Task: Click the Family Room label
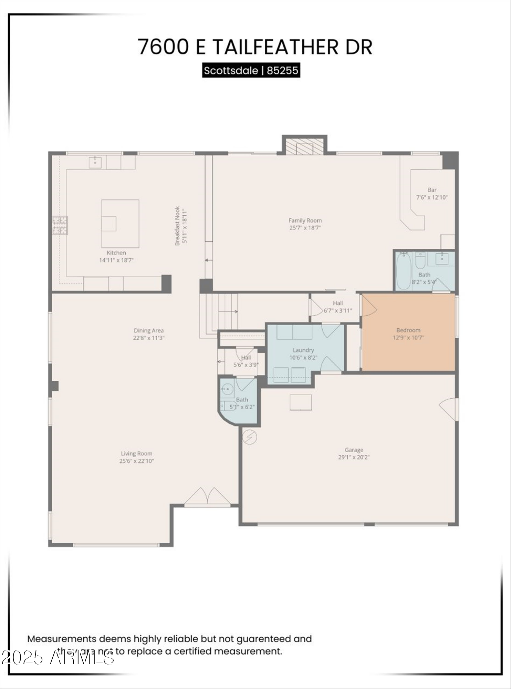[x=305, y=220]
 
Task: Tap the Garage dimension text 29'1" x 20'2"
[x=354, y=457]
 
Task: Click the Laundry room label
[x=303, y=350]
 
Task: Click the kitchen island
[x=120, y=224]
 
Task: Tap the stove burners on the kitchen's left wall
[x=60, y=225]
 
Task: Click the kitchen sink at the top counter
[x=95, y=161]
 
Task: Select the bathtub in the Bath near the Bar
[x=403, y=271]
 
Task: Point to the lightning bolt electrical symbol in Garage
[x=250, y=437]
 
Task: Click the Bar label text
[x=432, y=190]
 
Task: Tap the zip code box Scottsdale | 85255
[x=251, y=71]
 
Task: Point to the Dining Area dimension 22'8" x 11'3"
[x=148, y=338]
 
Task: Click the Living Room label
[x=136, y=453]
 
